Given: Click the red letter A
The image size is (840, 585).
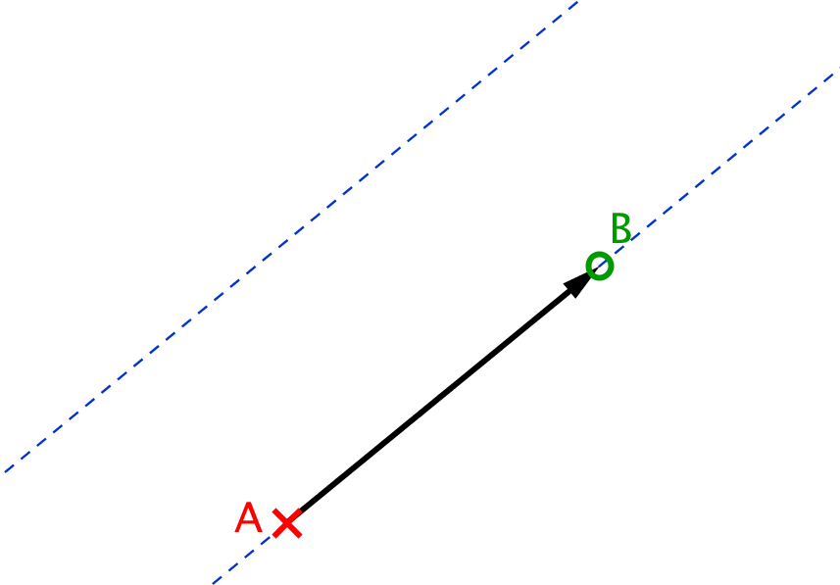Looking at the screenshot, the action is [249, 517].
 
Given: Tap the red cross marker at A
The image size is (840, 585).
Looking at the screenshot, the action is [287, 523].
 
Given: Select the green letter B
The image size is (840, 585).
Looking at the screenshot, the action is [620, 228].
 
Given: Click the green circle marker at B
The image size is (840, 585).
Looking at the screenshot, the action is [600, 266].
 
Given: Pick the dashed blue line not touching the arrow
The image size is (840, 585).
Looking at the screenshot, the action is [291, 236].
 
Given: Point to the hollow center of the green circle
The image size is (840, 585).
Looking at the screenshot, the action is [600, 266].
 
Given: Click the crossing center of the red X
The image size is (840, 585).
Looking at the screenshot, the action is [287, 523].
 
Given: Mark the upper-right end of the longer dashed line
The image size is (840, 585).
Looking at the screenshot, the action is [577, 2].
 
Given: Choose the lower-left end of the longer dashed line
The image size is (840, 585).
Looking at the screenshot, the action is [5, 472].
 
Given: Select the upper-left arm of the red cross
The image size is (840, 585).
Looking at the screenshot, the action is [279, 515].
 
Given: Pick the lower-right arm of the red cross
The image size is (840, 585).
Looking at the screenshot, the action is [295, 530].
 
